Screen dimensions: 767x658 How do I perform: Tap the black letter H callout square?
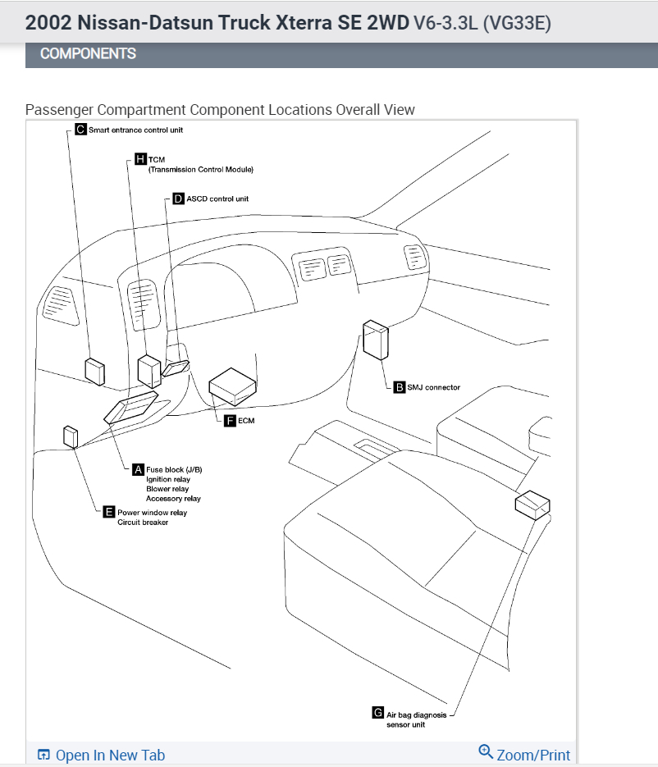point(140,159)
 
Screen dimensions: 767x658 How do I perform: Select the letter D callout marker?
point(178,199)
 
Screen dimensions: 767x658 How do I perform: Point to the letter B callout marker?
point(400,387)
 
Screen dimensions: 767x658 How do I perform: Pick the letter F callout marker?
point(231,420)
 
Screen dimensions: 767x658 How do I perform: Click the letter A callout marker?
point(138,469)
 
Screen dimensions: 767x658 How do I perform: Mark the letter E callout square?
point(109,513)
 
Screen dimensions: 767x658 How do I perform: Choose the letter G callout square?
point(377,714)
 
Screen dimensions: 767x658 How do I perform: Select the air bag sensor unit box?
point(532,504)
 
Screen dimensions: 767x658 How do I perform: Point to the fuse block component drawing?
point(131,407)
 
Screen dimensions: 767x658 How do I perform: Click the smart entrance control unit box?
point(95,371)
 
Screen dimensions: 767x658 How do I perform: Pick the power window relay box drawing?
point(71,436)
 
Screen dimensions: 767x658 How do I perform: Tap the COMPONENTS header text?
point(88,54)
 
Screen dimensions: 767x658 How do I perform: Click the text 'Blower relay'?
point(167,489)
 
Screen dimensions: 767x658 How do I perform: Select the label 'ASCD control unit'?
point(217,199)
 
